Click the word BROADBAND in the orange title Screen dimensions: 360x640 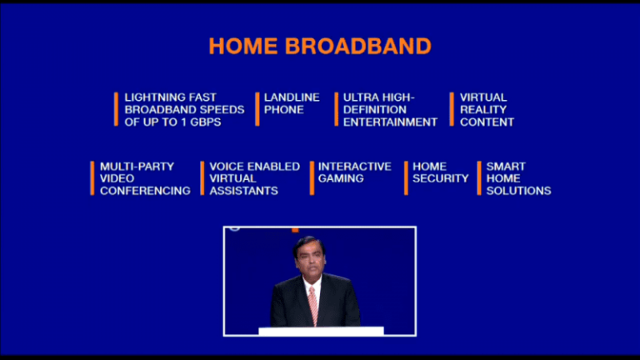[358, 46]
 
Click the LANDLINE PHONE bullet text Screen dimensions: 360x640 [291, 103]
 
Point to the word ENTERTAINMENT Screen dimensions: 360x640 [390, 122]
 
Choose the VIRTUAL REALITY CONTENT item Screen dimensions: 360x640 [486, 109]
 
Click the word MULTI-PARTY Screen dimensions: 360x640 [137, 167]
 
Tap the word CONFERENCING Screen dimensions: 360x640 [145, 191]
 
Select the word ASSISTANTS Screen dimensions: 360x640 [243, 191]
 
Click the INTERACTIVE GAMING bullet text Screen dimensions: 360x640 [354, 172]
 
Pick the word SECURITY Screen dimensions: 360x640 [441, 178]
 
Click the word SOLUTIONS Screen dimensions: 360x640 [518, 191]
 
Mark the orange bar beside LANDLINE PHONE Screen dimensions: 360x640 [257, 109]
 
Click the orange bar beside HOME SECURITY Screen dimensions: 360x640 [406, 178]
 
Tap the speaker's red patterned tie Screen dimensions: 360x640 [313, 305]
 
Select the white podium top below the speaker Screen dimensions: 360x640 [321, 331]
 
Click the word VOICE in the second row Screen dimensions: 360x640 [225, 167]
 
